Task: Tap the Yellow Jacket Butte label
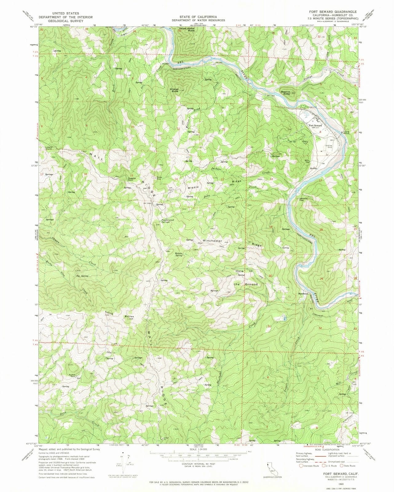point(187,30)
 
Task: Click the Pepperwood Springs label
point(168,220)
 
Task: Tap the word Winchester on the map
point(212,240)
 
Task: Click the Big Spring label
point(82,276)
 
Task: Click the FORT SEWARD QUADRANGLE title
point(329,11)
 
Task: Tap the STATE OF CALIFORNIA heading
point(198,17)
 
